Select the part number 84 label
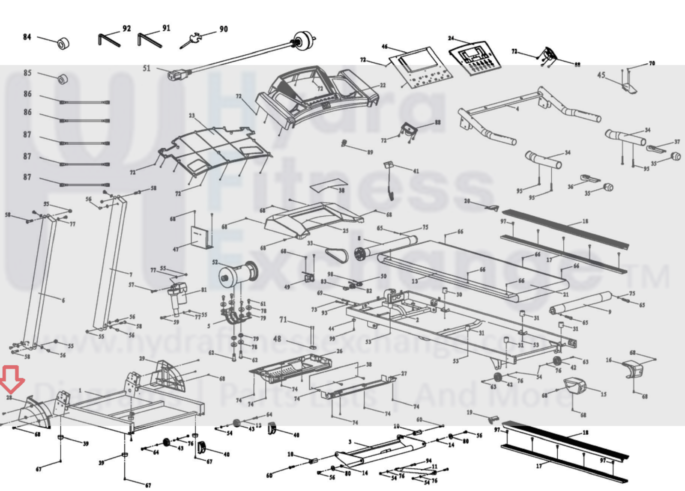tap(27, 37)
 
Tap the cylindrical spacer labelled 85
tap(63, 79)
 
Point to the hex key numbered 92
tap(108, 39)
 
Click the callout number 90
tap(223, 29)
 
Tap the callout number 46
tap(384, 47)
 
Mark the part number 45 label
tap(601, 75)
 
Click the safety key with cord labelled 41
tap(390, 180)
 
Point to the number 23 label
tap(191, 116)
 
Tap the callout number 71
tap(283, 319)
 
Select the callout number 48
tap(277, 339)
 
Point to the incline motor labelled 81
tap(178, 295)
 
